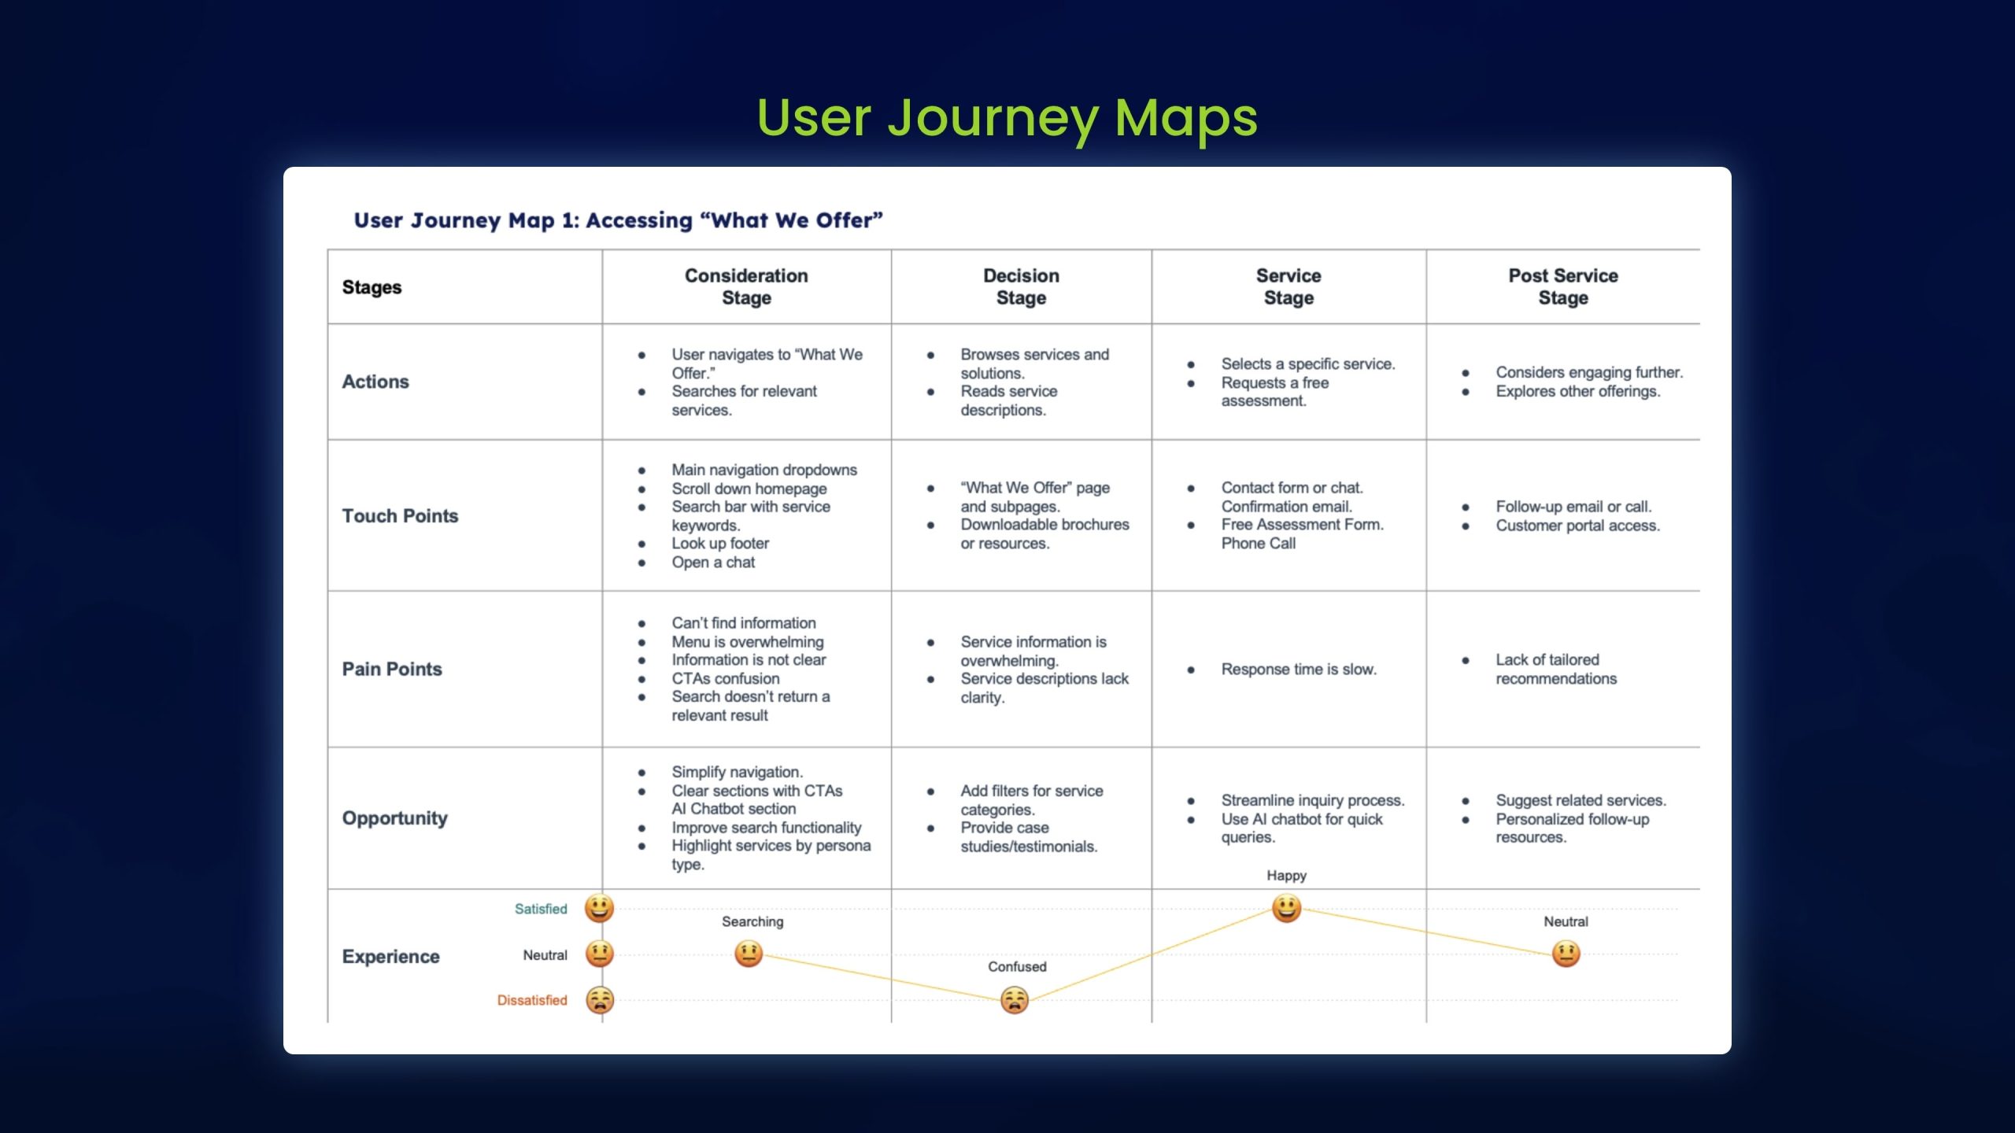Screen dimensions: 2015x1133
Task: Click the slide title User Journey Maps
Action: click(1007, 118)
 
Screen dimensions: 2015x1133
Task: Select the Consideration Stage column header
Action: click(746, 286)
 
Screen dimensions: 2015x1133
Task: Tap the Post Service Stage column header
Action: click(1563, 286)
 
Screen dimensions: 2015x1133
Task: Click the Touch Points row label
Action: click(400, 515)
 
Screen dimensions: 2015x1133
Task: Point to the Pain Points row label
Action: click(392, 669)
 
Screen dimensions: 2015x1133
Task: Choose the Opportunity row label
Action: click(394, 818)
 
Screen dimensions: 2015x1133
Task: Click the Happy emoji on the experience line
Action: click(1286, 909)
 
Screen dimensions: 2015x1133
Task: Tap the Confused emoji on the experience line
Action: click(1015, 1000)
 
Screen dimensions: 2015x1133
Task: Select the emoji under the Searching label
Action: click(749, 954)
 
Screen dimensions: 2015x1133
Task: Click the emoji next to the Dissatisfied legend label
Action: click(600, 1000)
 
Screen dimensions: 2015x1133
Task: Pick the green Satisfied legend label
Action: click(541, 909)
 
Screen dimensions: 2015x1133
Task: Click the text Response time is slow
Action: click(1299, 669)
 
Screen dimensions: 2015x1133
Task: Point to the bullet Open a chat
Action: click(713, 562)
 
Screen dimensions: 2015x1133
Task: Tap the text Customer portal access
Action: click(1577, 525)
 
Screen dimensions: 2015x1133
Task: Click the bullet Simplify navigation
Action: click(737, 772)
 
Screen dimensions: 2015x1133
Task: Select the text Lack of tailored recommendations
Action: click(1556, 669)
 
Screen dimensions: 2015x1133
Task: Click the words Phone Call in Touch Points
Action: click(1258, 543)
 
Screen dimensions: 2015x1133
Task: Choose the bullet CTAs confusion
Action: click(725, 678)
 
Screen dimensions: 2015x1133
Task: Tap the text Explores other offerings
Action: click(1578, 391)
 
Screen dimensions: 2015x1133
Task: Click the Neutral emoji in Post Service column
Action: click(1566, 954)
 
